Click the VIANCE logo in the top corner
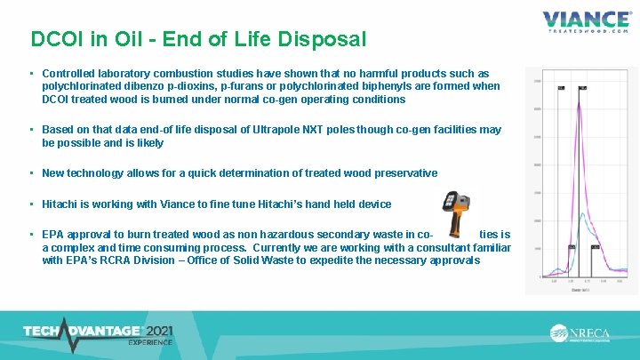(x=587, y=20)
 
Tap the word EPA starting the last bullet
(x=53, y=234)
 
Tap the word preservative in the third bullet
(x=398, y=173)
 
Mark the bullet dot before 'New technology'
(x=31, y=173)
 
